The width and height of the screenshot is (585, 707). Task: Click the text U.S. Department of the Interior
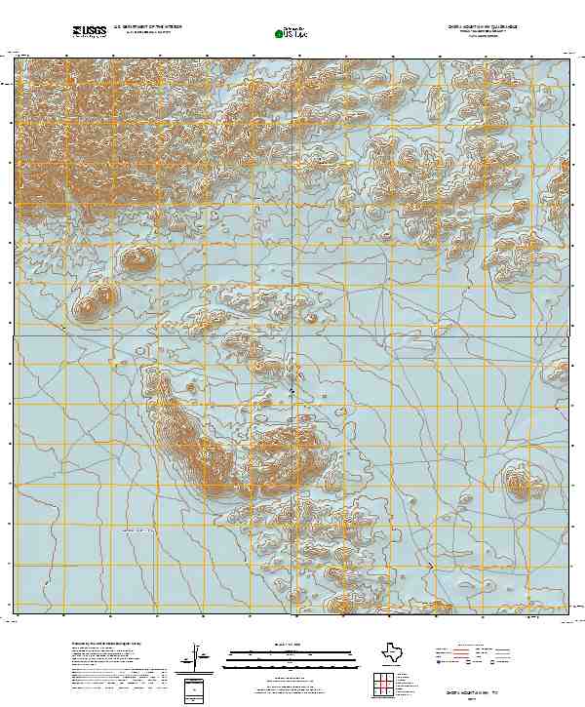[x=147, y=26]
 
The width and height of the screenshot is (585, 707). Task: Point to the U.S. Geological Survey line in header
[x=146, y=32]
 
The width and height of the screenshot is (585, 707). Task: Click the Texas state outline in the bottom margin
[x=395, y=650]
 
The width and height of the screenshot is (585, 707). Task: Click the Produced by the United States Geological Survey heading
[x=107, y=645]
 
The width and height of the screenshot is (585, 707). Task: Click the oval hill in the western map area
[x=136, y=258]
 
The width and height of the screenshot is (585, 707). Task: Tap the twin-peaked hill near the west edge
[x=95, y=303]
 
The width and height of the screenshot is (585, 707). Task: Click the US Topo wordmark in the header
[x=295, y=34]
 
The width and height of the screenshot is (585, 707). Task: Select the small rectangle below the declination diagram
[x=196, y=690]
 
